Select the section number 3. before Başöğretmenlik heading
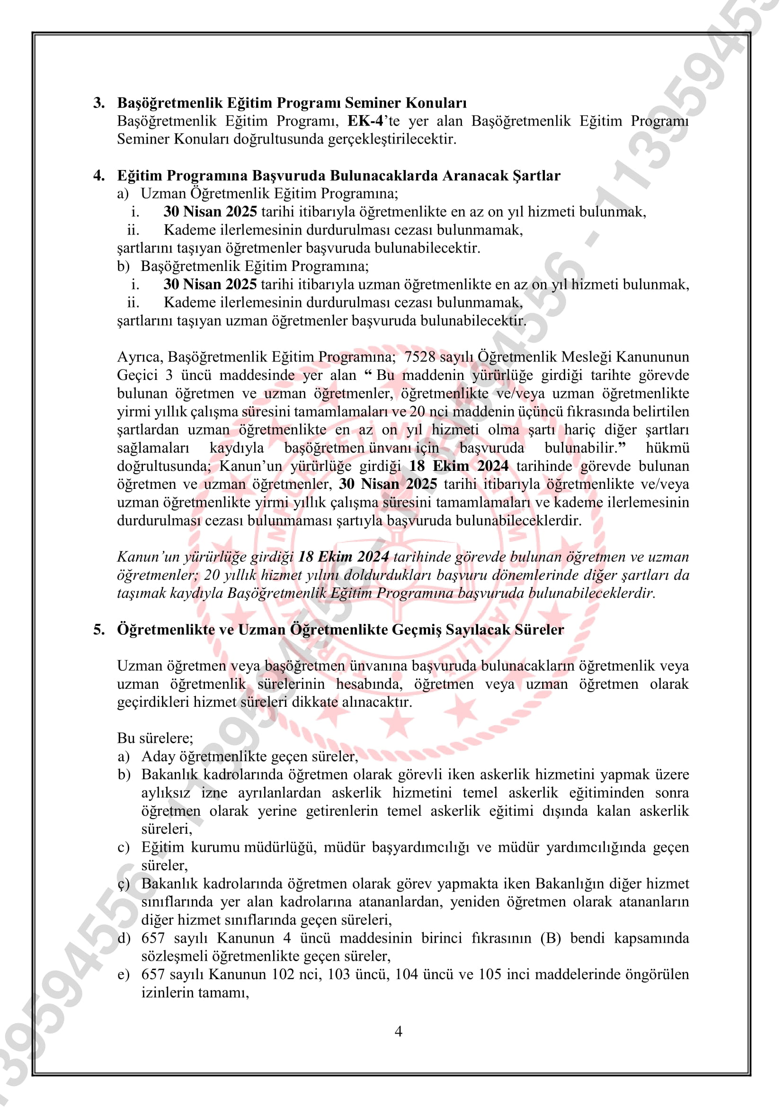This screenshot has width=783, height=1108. point(99,103)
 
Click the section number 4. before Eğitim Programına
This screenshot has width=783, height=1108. point(99,176)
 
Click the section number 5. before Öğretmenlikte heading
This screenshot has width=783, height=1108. point(99,630)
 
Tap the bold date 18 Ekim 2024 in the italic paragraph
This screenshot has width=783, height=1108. point(343,557)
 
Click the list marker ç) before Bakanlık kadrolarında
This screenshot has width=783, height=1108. point(124,884)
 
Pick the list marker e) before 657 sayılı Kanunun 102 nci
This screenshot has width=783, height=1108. point(124,975)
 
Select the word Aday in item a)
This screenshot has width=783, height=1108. point(158,757)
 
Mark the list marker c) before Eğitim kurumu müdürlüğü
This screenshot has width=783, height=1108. point(124,848)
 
